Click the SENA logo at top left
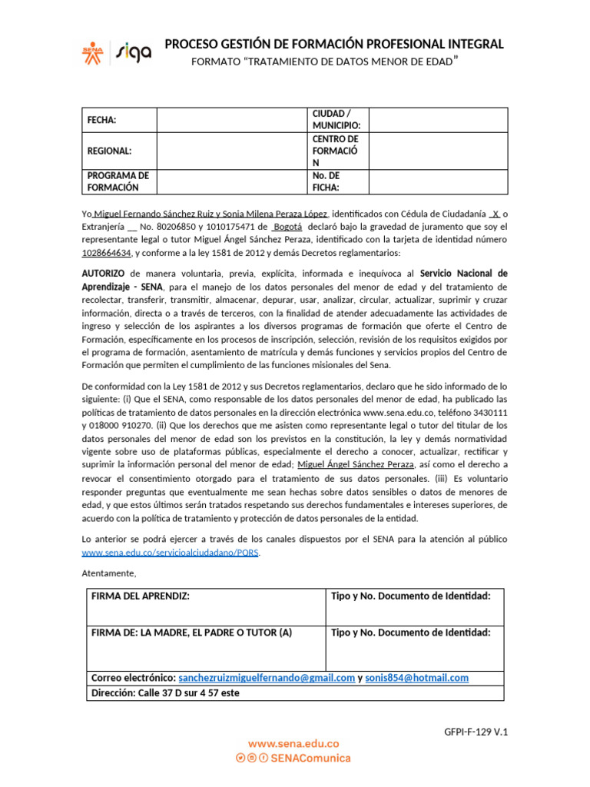92,51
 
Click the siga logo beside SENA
133,51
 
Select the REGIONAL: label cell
109,151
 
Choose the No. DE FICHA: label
326,181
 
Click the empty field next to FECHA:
230,120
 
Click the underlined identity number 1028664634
107,252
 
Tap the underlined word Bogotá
287,227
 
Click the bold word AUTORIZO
103,273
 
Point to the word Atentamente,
108,573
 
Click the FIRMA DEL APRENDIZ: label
140,596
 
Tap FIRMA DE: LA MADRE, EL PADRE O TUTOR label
191,633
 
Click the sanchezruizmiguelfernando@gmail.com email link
267,678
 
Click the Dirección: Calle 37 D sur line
165,692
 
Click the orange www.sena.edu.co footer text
293,744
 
